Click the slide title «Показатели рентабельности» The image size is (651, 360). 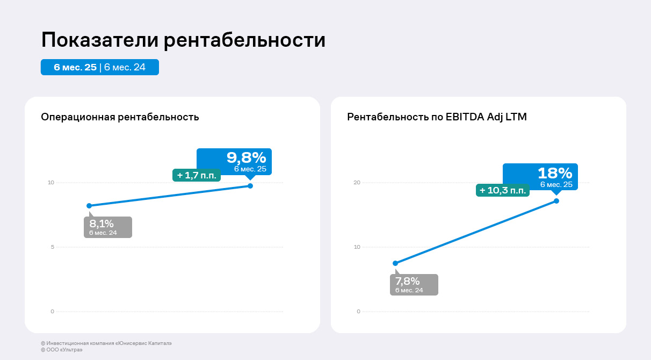coord(183,40)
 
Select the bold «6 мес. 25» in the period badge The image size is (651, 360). coord(75,67)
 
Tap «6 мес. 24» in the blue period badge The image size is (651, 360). coord(125,67)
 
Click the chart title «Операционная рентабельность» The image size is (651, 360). coord(120,117)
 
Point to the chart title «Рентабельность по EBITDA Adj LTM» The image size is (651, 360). coord(437,117)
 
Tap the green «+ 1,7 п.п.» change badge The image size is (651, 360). coord(196,175)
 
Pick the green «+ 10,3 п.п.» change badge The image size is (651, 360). coord(502,190)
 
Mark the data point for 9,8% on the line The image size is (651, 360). coord(250,186)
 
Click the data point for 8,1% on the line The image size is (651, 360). coord(89,206)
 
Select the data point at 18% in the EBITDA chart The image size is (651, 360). coord(556,201)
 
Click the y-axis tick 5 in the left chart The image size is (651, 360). coord(52,247)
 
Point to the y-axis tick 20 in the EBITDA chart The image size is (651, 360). coord(357,183)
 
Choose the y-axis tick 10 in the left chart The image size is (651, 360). coord(51,183)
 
